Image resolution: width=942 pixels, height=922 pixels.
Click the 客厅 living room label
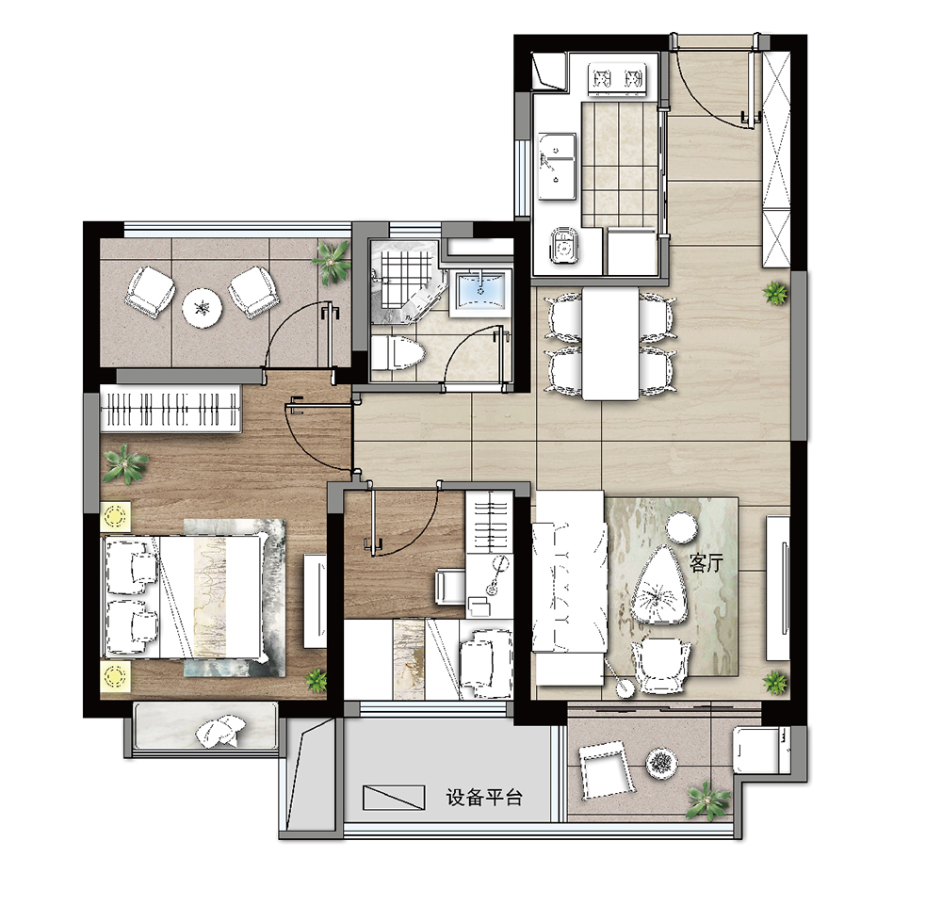click(706, 563)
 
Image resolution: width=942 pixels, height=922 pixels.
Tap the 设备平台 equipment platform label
click(484, 798)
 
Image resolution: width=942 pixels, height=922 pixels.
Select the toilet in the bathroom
click(398, 352)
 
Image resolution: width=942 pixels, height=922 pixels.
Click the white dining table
click(610, 343)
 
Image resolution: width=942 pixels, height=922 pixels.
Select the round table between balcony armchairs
click(203, 308)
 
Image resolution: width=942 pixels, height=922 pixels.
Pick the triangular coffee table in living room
click(659, 587)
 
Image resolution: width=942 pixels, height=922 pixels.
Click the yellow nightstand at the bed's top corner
click(117, 516)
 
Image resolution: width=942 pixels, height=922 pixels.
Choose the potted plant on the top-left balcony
click(331, 262)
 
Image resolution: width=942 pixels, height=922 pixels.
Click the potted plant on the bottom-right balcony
click(709, 801)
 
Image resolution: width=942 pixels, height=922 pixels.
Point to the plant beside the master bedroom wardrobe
click(125, 463)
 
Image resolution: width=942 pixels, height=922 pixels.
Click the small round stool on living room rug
click(682, 526)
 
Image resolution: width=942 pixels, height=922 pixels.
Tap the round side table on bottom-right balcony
click(662, 763)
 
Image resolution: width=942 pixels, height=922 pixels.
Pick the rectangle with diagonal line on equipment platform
click(394, 797)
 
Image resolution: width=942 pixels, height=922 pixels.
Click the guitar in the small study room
click(496, 574)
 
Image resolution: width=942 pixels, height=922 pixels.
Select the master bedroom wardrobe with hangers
click(171, 409)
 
